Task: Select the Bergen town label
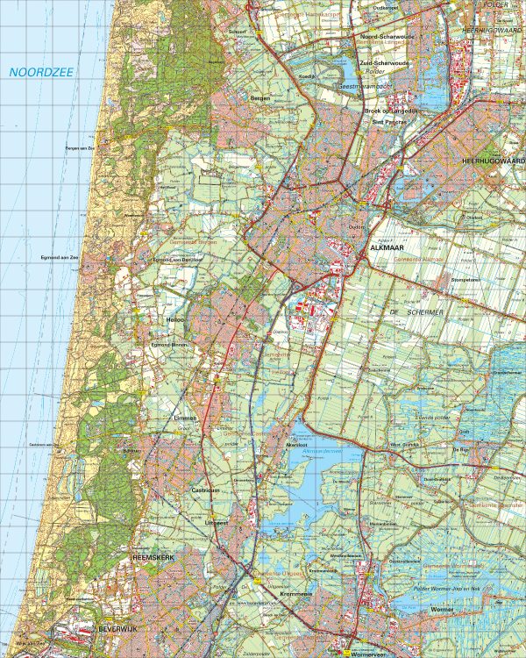[259, 98]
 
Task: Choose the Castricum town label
[204, 490]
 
